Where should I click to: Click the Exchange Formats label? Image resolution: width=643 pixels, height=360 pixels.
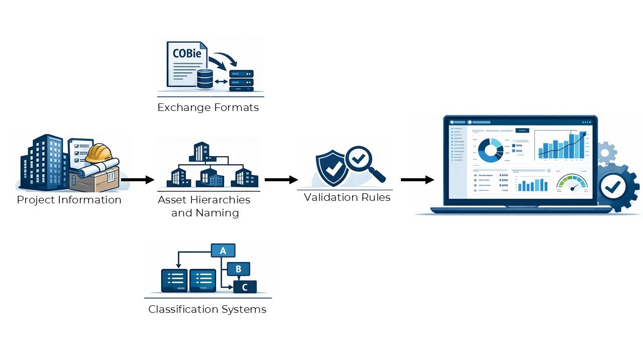208,107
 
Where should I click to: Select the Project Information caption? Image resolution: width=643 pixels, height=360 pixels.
69,200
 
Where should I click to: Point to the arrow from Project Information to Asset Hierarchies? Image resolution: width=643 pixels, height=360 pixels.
137,179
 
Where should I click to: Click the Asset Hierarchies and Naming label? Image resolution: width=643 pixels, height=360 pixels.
204,206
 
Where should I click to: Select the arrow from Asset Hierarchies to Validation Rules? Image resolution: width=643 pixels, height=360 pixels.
281,179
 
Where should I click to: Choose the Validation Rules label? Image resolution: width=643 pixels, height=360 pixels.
347,197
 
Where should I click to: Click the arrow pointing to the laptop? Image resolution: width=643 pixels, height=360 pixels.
417,179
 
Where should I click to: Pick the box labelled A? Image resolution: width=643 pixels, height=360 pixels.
223,251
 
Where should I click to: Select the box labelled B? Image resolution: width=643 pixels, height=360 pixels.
238,269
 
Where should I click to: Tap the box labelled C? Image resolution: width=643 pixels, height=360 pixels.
245,287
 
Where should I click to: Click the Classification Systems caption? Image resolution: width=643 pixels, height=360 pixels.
207,309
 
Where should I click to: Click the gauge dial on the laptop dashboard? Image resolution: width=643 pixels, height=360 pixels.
573,183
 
